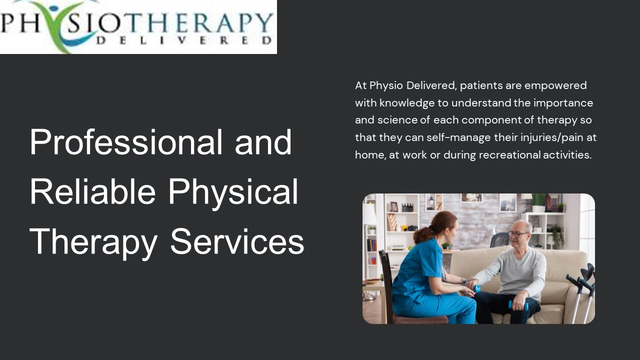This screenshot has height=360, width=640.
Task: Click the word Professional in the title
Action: [125, 142]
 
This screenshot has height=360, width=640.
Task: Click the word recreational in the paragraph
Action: [509, 155]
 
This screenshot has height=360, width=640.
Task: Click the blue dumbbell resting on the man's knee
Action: [518, 305]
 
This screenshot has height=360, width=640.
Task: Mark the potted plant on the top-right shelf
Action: [538, 201]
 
